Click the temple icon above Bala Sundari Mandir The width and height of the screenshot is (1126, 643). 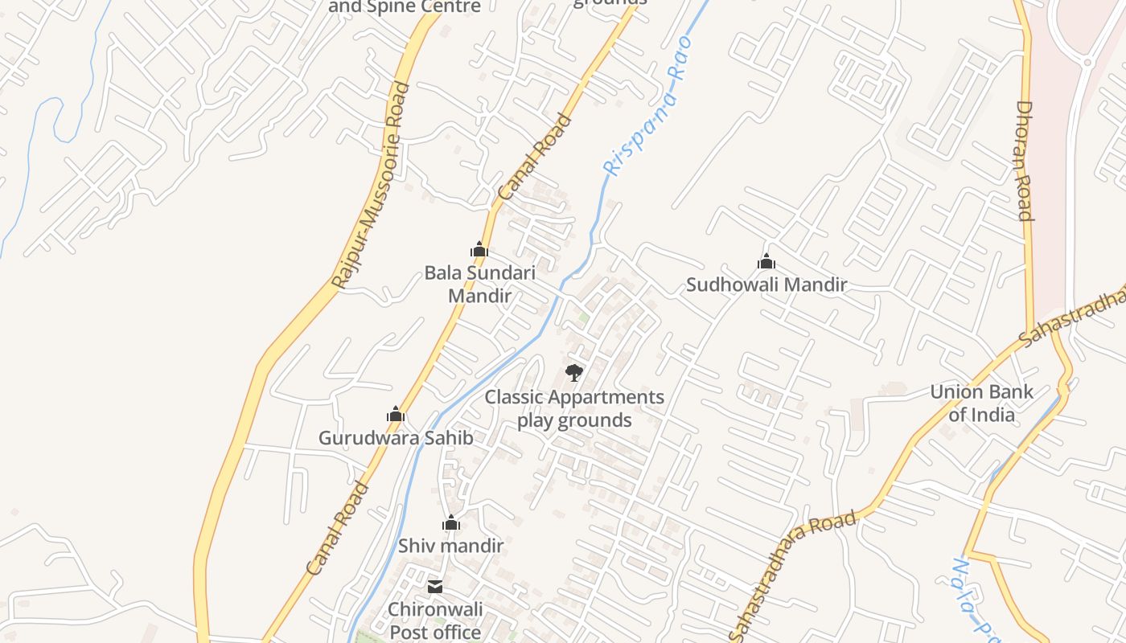pos(479,250)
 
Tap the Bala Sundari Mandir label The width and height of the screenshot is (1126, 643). pos(479,284)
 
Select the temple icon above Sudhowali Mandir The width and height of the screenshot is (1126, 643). pos(766,261)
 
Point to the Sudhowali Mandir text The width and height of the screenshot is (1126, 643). pos(766,285)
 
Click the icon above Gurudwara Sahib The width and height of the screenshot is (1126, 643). pos(395,414)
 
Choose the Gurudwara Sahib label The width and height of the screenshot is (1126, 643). pos(395,438)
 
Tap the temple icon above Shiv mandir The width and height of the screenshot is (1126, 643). pos(450,523)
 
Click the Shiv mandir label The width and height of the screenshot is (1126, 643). pos(450,546)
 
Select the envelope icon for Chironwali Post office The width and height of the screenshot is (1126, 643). pos(435,587)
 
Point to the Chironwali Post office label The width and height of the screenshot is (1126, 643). pos(435,621)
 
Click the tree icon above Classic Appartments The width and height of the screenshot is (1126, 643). pos(573,372)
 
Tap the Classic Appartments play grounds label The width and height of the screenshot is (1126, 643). pos(573,408)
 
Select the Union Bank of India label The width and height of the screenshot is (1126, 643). pos(981,403)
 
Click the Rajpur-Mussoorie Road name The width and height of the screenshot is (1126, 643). pos(371,185)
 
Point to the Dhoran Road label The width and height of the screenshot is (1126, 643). pos(1024,161)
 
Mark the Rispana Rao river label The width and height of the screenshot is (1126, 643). pos(648,105)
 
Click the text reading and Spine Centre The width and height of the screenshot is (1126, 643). pos(405,7)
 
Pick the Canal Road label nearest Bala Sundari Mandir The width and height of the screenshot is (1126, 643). pos(535,158)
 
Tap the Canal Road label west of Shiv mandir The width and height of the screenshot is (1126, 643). pos(338,527)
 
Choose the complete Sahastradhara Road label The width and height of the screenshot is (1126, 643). pos(792,572)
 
